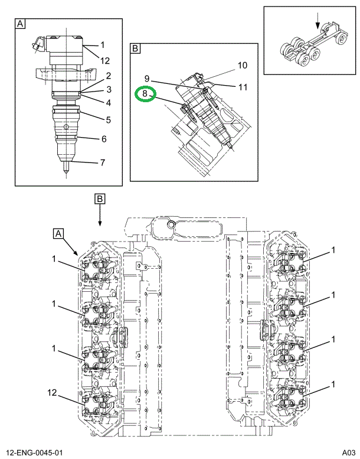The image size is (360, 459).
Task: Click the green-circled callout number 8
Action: point(145,94)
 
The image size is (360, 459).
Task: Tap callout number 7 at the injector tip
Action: point(103,162)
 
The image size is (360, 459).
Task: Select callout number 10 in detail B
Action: point(242,66)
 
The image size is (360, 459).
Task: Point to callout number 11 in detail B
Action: point(243,87)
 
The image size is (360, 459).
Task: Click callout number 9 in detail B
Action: point(147,79)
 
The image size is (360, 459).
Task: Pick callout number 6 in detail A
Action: point(104,139)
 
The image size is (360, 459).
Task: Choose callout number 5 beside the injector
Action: point(109,120)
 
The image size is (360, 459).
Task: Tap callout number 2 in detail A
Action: point(109,76)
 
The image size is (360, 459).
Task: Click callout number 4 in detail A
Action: point(109,103)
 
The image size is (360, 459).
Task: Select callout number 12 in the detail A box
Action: point(104,61)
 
